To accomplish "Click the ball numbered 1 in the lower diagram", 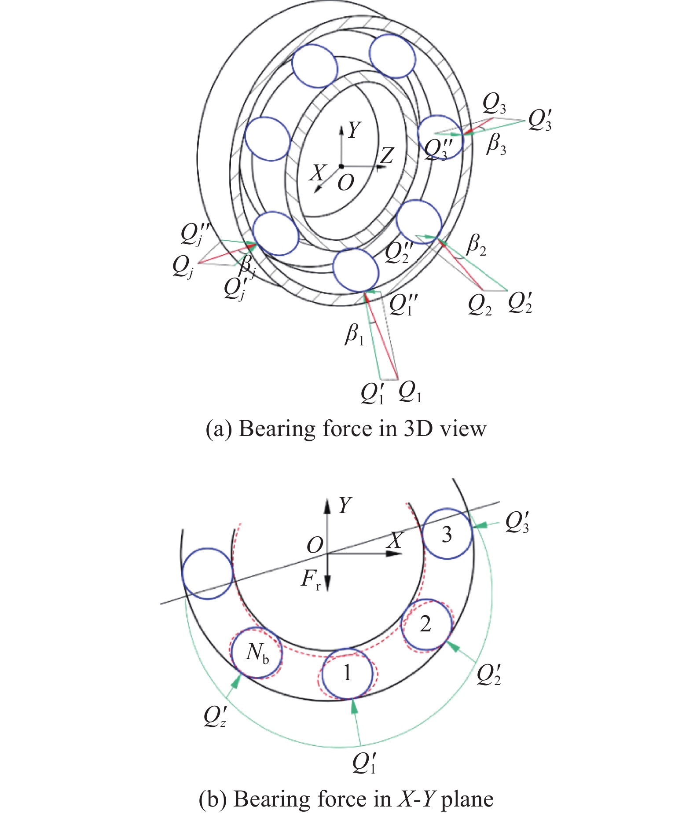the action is pos(347,673).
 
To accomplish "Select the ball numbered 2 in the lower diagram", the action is pos(426,624).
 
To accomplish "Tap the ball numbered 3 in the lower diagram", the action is pos(447,534).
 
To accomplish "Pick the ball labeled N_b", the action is pos(257,653).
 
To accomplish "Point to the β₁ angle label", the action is pos(355,335).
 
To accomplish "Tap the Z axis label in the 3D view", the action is pos(386,155).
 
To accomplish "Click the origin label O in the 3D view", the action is pos(346,182).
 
